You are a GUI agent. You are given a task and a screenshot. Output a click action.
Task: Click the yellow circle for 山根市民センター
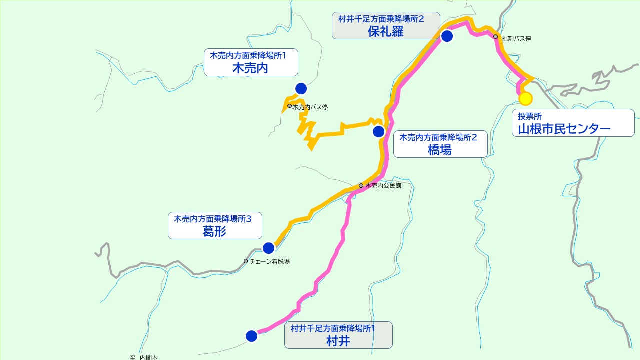pos(525,99)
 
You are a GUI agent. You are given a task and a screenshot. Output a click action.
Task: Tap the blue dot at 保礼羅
pos(447,36)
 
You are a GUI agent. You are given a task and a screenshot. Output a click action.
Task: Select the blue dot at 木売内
pos(301,89)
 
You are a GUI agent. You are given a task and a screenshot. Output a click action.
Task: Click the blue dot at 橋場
pos(378,132)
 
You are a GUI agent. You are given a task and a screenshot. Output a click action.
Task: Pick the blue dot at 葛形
pos(268,248)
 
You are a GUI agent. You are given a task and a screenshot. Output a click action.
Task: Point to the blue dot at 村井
pos(252,336)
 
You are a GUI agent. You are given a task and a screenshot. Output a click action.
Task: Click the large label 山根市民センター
pos(564,129)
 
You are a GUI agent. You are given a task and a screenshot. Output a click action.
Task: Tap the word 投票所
pos(529,117)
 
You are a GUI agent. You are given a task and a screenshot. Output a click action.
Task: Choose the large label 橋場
pos(440,150)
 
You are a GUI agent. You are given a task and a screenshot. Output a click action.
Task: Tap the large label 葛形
pos(214,231)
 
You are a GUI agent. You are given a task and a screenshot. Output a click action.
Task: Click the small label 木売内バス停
pos(310,107)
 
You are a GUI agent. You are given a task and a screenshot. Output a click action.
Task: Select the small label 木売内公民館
pos(383,186)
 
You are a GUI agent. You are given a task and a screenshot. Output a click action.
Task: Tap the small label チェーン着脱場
pos(270,261)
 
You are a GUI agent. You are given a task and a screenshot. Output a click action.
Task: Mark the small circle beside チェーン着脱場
pos(246,261)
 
